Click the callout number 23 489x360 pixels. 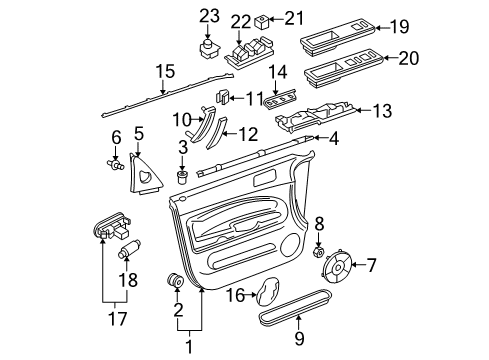(209, 16)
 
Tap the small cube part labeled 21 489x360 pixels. (261, 22)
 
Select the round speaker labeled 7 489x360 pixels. (337, 266)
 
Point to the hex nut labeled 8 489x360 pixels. (318, 252)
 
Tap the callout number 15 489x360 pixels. (166, 71)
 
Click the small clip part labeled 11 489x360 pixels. (222, 96)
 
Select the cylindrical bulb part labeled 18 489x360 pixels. (129, 249)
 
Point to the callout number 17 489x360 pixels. (118, 319)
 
